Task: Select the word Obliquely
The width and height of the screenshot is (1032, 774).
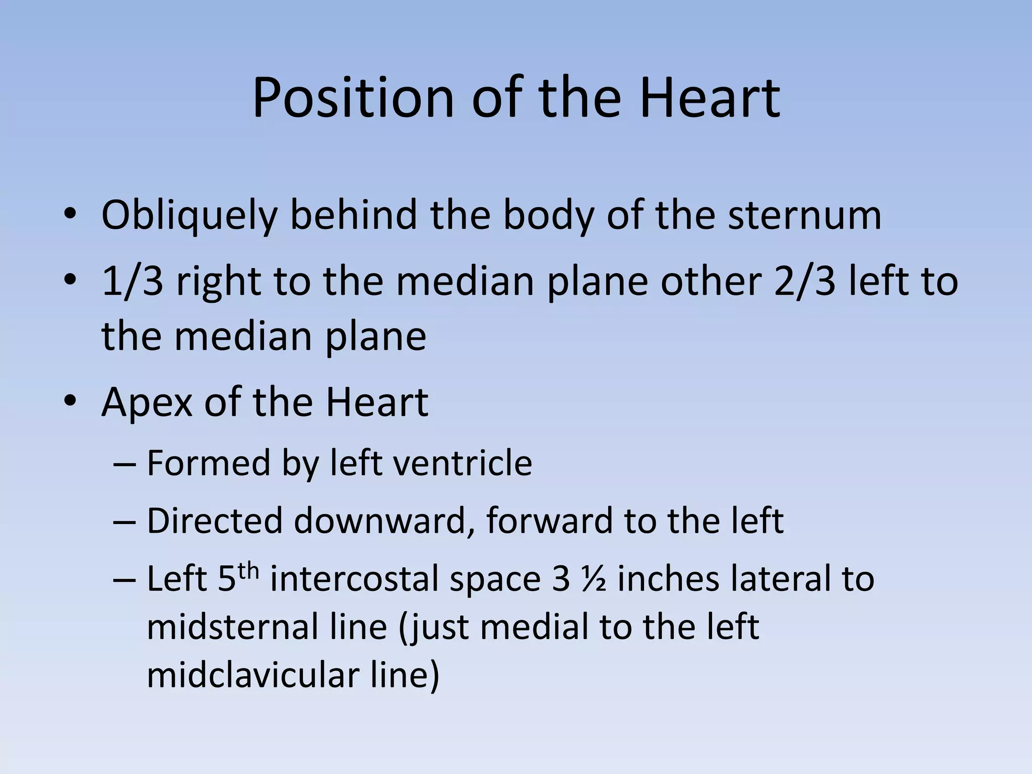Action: (x=189, y=215)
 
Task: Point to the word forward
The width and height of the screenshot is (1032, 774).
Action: (x=549, y=521)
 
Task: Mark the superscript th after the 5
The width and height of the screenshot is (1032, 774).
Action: (x=248, y=571)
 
